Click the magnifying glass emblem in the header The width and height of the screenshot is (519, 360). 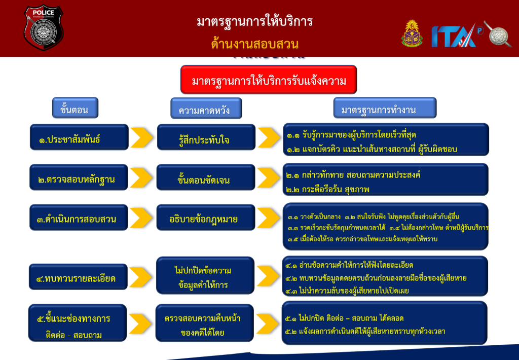point(498,33)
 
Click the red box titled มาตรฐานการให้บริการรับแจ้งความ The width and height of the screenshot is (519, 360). point(269,80)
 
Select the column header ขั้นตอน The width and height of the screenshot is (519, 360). point(75,109)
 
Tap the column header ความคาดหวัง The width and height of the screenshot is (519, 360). point(206,109)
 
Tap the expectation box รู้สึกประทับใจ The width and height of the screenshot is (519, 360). point(204,139)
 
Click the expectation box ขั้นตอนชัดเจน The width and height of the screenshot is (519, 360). point(204,179)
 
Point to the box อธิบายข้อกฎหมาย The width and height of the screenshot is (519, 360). point(204,219)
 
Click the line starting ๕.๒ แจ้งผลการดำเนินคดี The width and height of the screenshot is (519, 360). point(365,332)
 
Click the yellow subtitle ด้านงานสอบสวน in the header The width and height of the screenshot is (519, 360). point(254,44)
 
